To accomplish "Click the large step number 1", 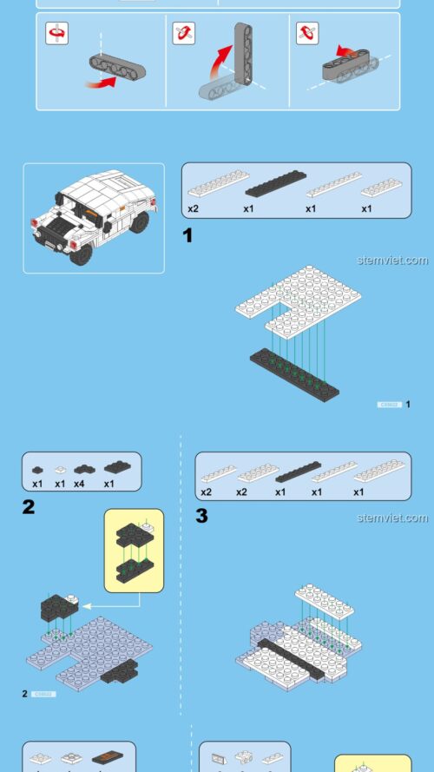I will [x=187, y=235].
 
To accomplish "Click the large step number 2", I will [x=29, y=506].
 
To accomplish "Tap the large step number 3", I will [x=201, y=517].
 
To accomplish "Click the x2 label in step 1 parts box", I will [x=194, y=209].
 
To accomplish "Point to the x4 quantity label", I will [x=80, y=484].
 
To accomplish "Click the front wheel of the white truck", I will [x=81, y=252].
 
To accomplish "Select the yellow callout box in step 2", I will [x=134, y=550].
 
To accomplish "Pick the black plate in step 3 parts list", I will [x=298, y=474].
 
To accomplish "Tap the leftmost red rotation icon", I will [x=57, y=33].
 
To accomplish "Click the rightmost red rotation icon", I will [x=307, y=33].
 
